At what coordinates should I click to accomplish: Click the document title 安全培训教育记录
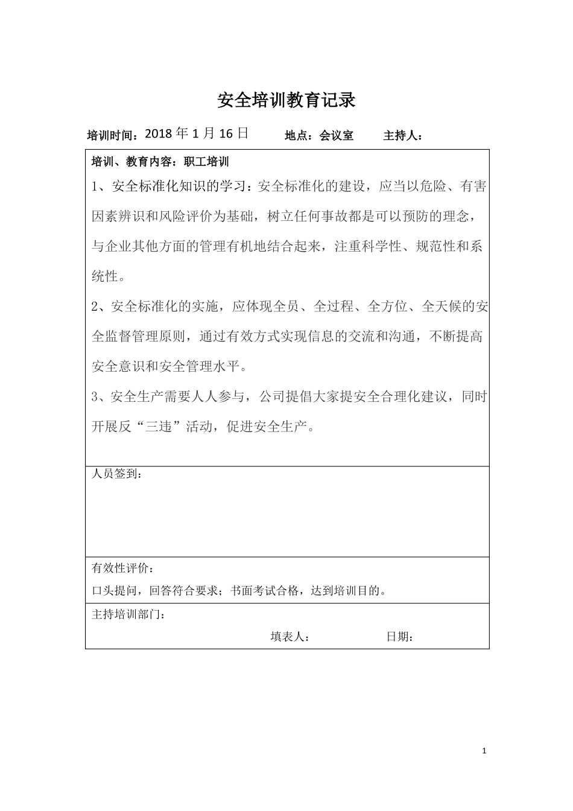pos(286,100)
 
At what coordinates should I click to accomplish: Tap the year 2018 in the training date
pos(159,134)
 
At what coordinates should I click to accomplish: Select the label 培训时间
pos(113,135)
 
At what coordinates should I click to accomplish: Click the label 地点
pos(298,136)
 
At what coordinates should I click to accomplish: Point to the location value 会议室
pos(336,136)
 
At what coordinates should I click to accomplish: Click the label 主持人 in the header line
pos(401,136)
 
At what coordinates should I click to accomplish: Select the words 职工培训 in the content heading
pos(209,162)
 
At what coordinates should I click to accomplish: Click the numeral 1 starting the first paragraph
pos(95,186)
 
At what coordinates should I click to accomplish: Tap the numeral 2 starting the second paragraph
pos(95,307)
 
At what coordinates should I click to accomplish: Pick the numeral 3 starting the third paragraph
pos(95,396)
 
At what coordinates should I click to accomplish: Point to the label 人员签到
pos(116,474)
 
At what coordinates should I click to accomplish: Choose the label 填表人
pos(289,637)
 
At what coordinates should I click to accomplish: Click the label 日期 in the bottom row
pos(398,637)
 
